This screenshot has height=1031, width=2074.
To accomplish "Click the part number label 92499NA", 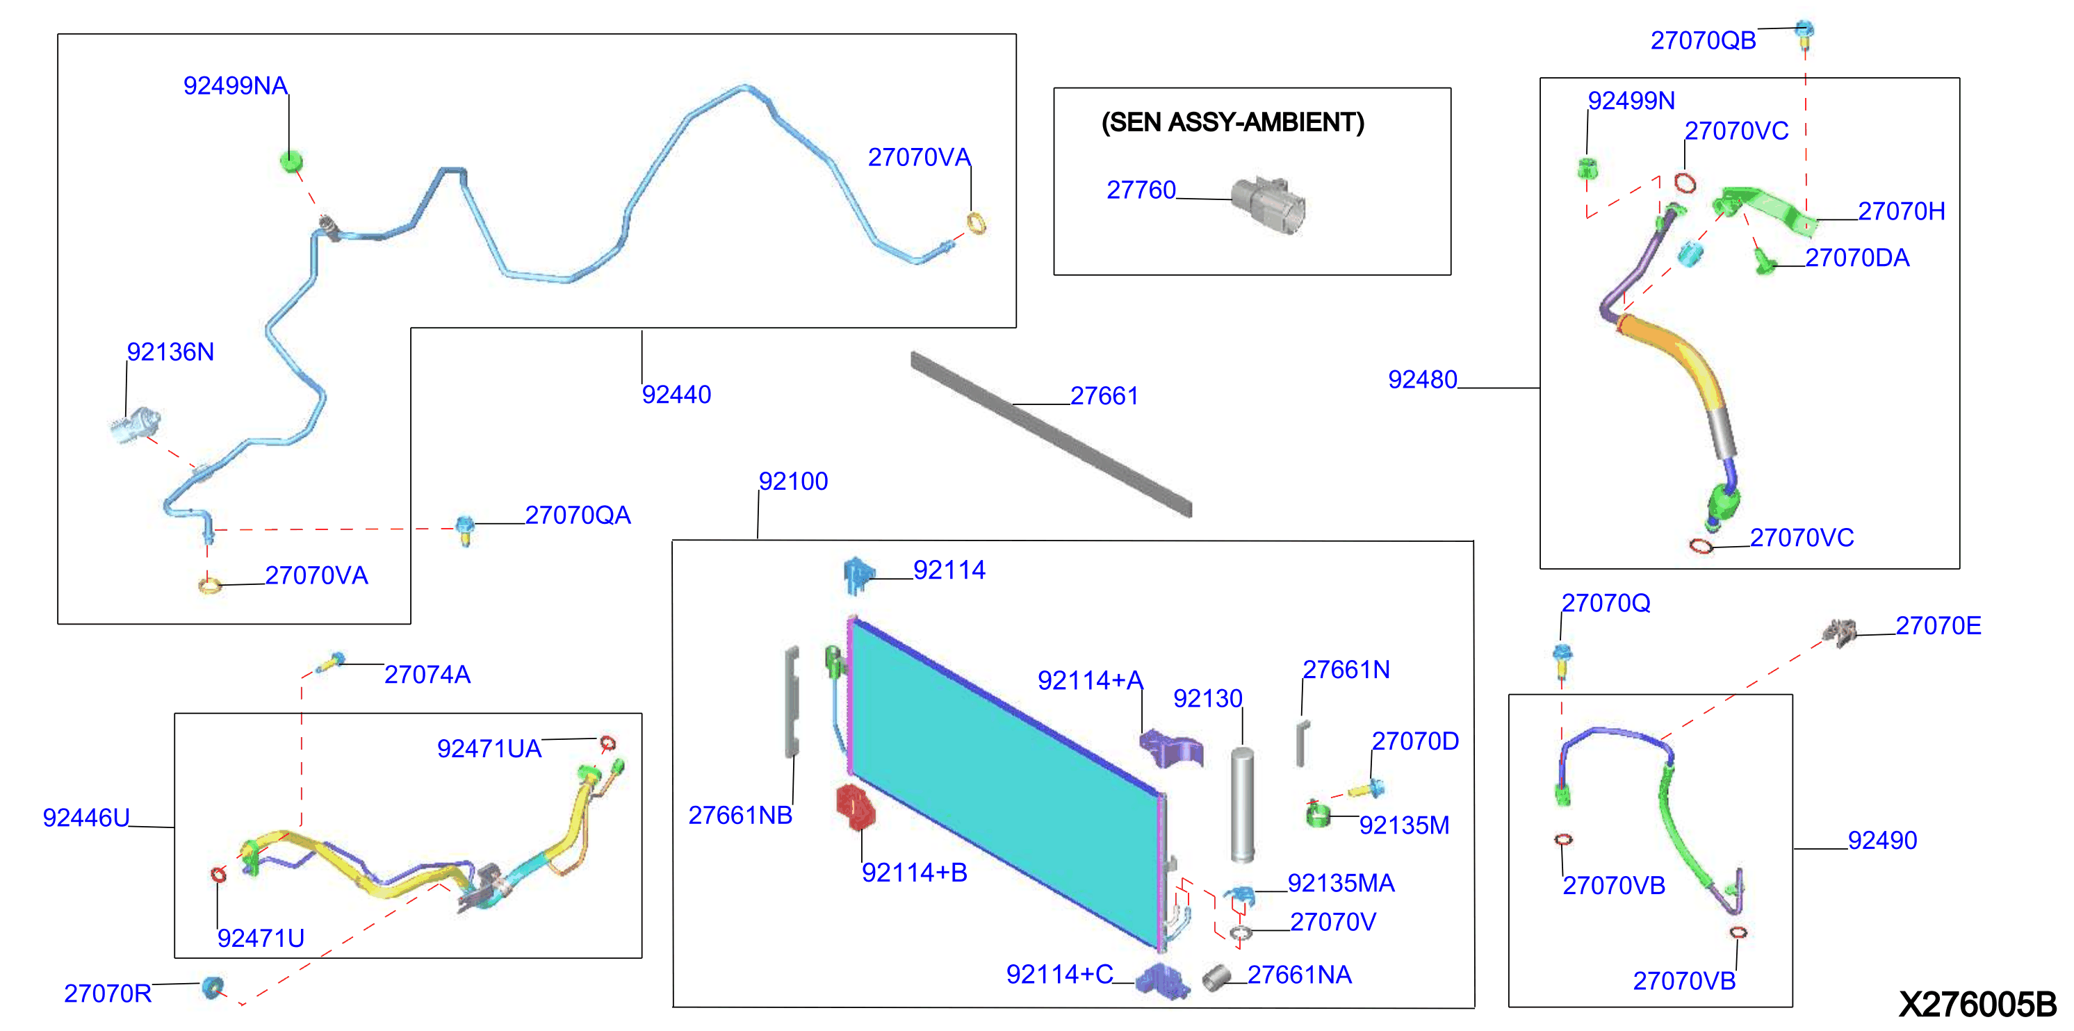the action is [x=235, y=85].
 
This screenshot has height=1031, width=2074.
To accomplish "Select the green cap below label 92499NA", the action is [x=291, y=160].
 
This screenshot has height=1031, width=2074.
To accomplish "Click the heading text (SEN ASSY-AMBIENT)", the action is [x=1232, y=122].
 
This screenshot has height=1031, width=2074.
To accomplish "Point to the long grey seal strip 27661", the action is [x=1052, y=434].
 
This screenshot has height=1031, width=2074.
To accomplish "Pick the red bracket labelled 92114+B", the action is [x=855, y=807].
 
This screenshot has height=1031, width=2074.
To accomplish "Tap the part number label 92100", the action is [x=793, y=481].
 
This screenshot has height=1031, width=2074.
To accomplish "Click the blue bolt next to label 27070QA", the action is [x=464, y=529].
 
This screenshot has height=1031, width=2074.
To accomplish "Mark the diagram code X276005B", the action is [x=1977, y=1005].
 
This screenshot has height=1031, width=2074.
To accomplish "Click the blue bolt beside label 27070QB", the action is [x=1804, y=32].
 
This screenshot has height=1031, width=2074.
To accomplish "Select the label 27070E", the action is [x=1938, y=625].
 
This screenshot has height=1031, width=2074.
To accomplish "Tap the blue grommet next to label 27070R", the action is [x=213, y=986].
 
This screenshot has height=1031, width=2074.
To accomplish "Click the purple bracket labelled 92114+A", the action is [x=1171, y=747].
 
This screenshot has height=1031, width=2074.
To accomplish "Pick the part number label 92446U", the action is [x=86, y=818].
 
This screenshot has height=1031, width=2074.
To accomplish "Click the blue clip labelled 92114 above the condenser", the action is [x=858, y=575].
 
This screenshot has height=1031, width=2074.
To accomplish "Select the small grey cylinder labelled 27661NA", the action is [x=1216, y=977].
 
